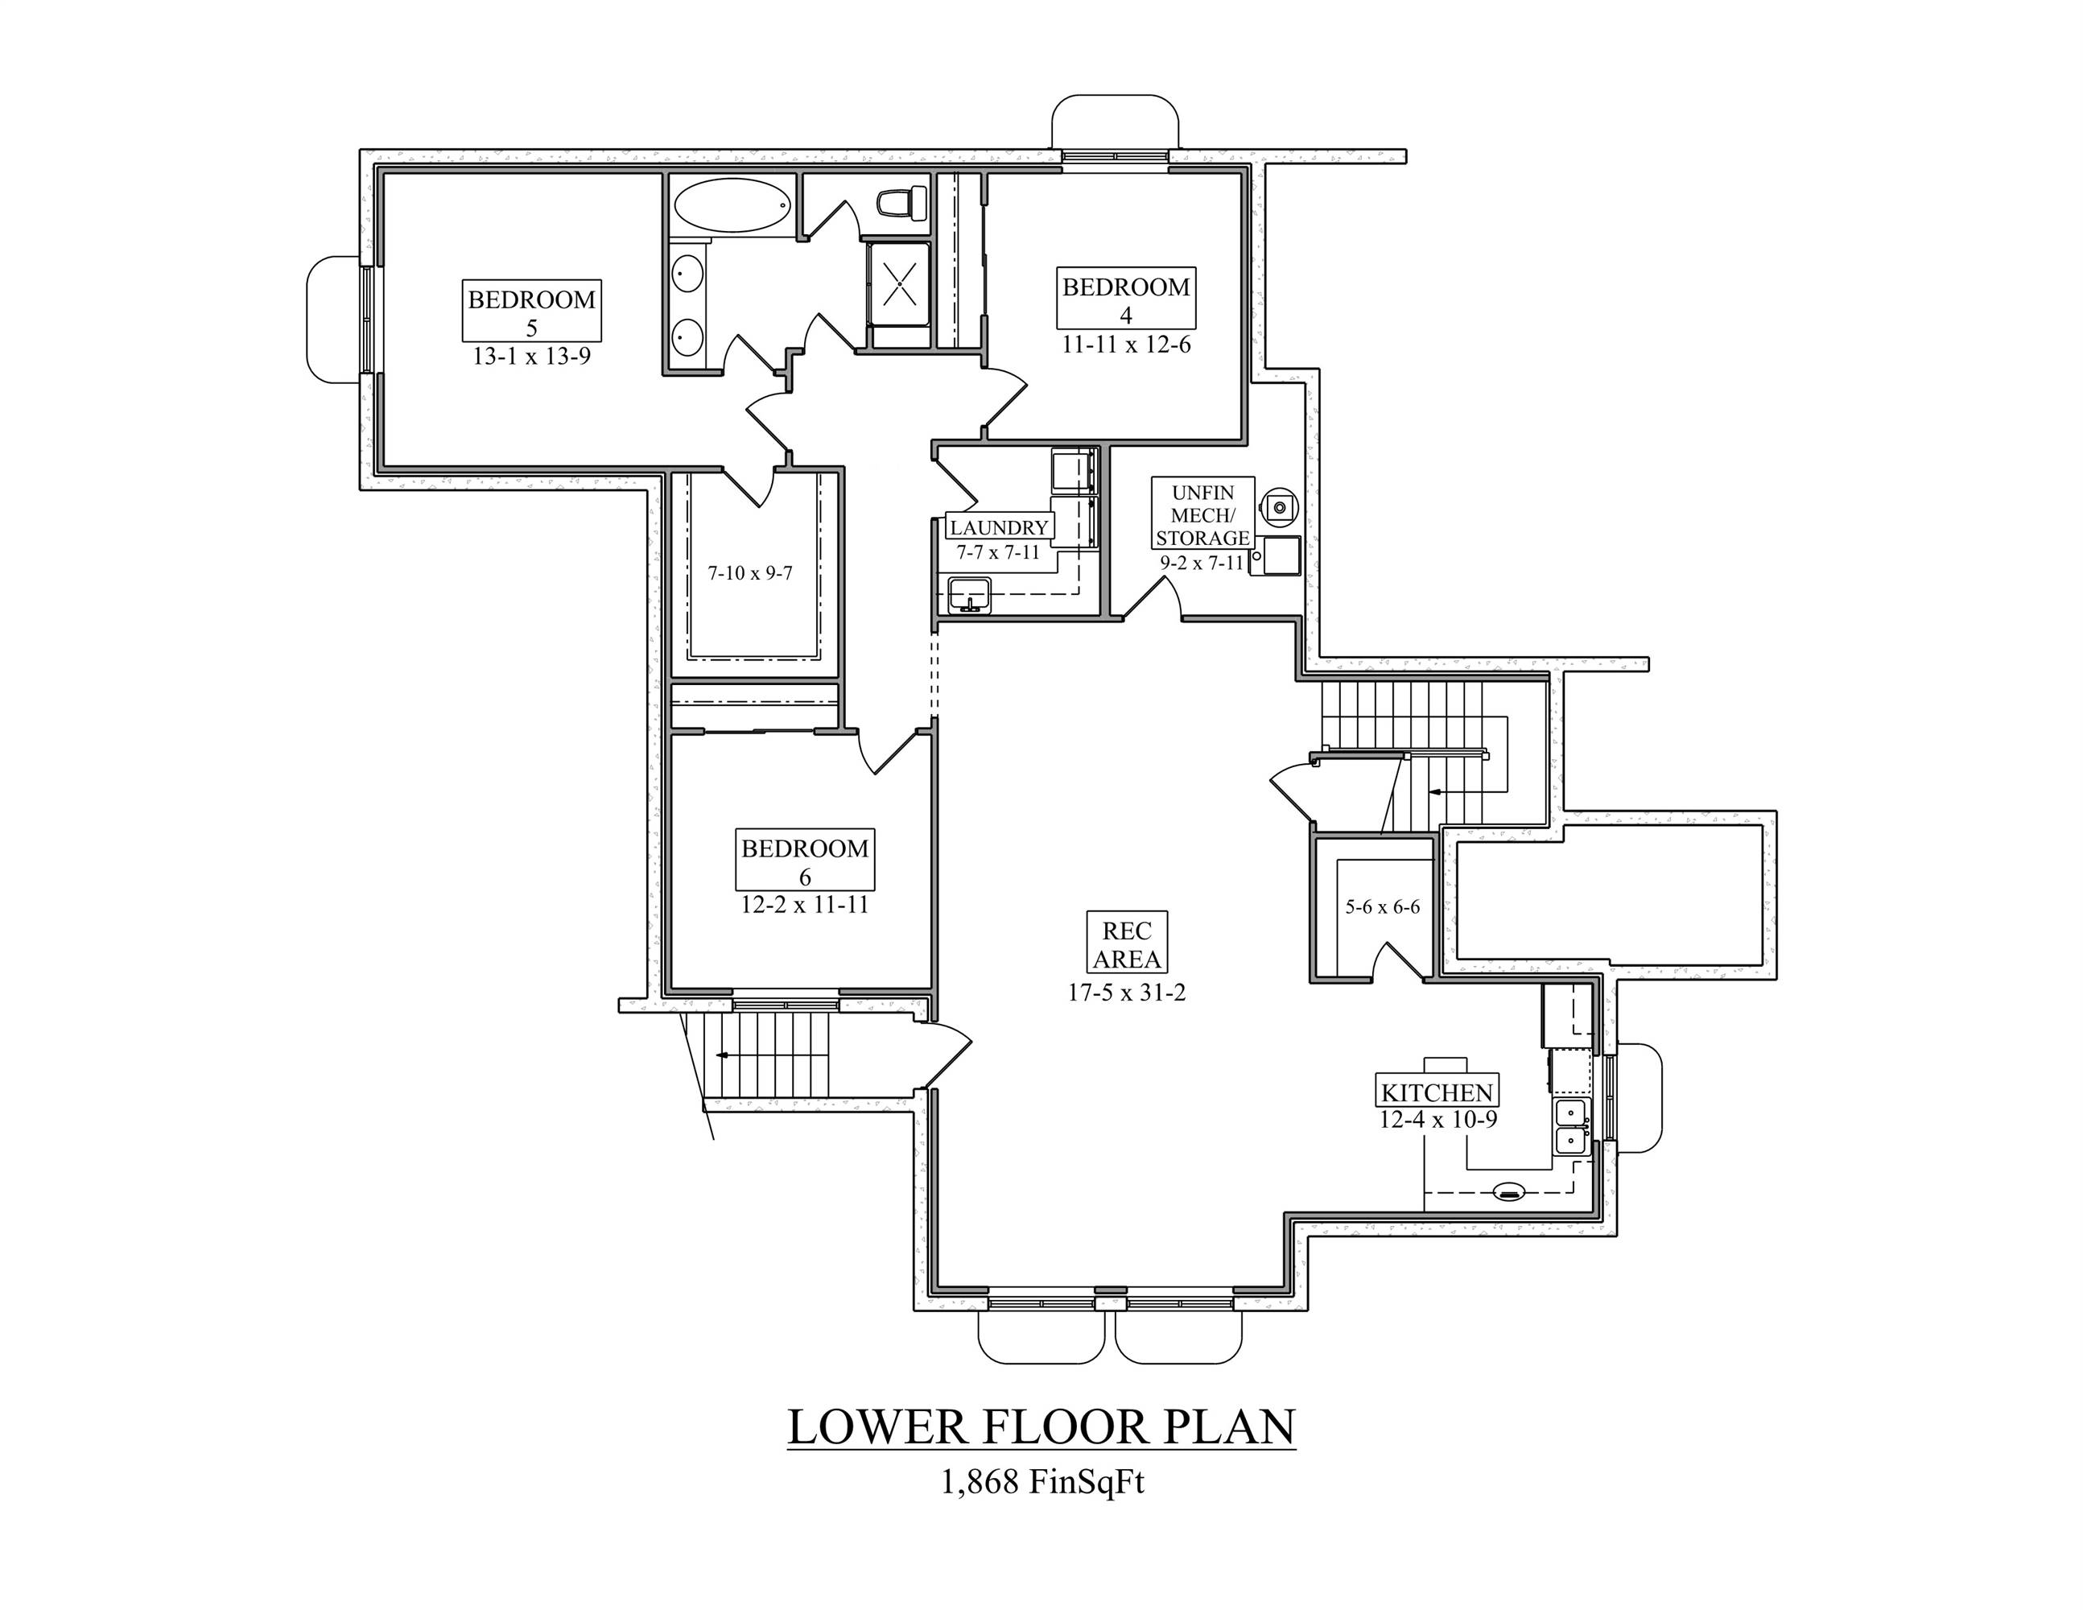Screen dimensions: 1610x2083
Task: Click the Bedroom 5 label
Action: (x=531, y=311)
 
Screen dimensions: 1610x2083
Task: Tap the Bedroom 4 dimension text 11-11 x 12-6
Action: (x=1126, y=345)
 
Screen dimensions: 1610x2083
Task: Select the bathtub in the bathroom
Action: (x=732, y=204)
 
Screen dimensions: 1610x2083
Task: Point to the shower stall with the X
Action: (x=897, y=283)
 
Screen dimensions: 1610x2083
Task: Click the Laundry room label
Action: (x=999, y=527)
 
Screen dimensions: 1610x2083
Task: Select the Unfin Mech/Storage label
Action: (x=1202, y=515)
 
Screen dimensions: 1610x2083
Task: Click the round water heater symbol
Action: (x=1279, y=506)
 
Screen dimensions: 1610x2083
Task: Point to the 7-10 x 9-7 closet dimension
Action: (x=749, y=573)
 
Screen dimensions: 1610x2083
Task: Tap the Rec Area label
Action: (x=1126, y=943)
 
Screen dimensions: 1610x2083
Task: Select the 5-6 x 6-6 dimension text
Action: (x=1382, y=907)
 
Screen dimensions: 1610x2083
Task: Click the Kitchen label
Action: (x=1437, y=1092)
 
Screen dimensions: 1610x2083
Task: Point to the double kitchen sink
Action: (x=1569, y=1126)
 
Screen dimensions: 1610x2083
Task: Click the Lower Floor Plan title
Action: (x=1041, y=1428)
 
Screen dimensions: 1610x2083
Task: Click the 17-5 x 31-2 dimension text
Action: (x=1126, y=993)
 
